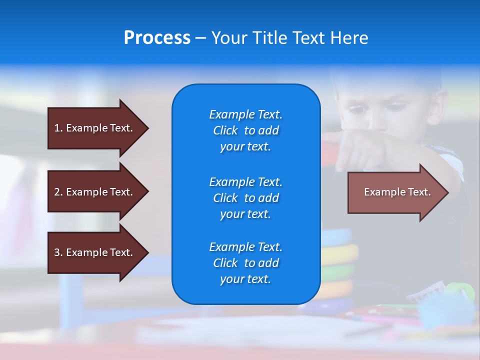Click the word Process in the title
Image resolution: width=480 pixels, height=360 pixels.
[157, 37]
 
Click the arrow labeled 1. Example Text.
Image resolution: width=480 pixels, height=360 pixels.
[98, 128]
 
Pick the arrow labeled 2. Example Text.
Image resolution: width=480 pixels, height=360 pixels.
[98, 191]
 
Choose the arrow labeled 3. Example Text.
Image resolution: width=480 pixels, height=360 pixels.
[98, 253]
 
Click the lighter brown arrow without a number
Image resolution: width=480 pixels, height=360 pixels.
[398, 192]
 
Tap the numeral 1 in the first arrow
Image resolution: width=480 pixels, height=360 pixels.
[57, 128]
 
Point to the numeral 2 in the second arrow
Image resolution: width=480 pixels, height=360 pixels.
[57, 192]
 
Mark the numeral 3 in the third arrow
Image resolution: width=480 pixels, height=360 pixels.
[57, 252]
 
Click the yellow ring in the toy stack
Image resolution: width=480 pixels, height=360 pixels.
[339, 254]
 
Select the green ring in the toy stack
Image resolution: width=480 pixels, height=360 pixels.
[338, 273]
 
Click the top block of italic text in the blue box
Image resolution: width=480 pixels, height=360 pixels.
[246, 130]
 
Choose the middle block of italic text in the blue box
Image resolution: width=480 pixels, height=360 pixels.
[246, 198]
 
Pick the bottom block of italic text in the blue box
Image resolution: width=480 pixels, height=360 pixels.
[246, 263]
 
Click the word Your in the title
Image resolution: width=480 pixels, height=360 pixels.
[229, 37]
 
